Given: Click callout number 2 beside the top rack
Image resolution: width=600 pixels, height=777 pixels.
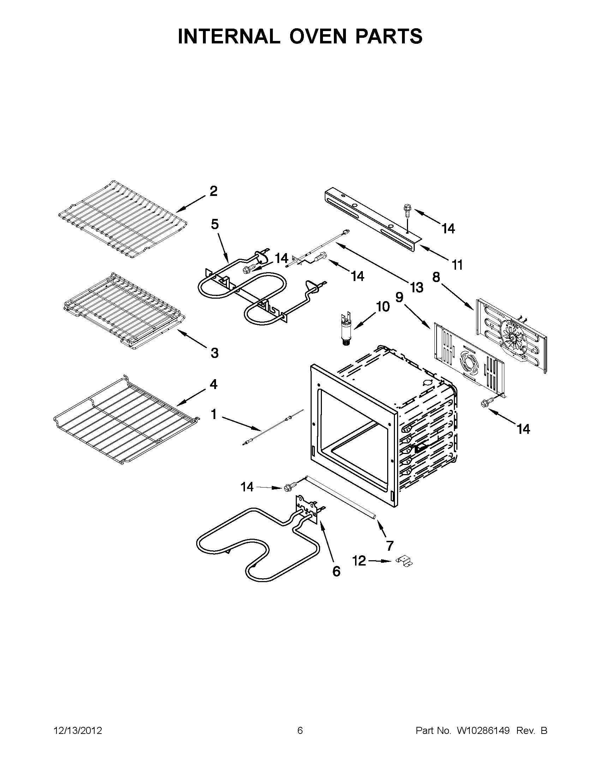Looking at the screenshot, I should (x=213, y=191).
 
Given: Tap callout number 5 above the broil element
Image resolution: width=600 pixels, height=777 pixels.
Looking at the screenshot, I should (x=215, y=224).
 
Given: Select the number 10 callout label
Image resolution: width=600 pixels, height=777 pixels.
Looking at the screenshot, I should (x=383, y=307).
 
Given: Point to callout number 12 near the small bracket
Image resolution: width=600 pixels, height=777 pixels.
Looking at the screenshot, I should (x=359, y=561).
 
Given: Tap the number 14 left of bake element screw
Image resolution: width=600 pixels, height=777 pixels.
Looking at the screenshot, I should (x=247, y=486).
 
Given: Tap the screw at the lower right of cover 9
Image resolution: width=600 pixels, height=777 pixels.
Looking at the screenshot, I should (x=484, y=403).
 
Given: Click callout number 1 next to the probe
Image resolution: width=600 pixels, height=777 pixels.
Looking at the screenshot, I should (x=214, y=414).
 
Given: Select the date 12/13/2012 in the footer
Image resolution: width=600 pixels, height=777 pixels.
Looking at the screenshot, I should (x=78, y=730).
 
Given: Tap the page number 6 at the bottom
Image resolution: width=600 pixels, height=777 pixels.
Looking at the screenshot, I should (x=300, y=730).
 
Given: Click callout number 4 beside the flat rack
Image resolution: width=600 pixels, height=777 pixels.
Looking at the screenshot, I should (x=213, y=384).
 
